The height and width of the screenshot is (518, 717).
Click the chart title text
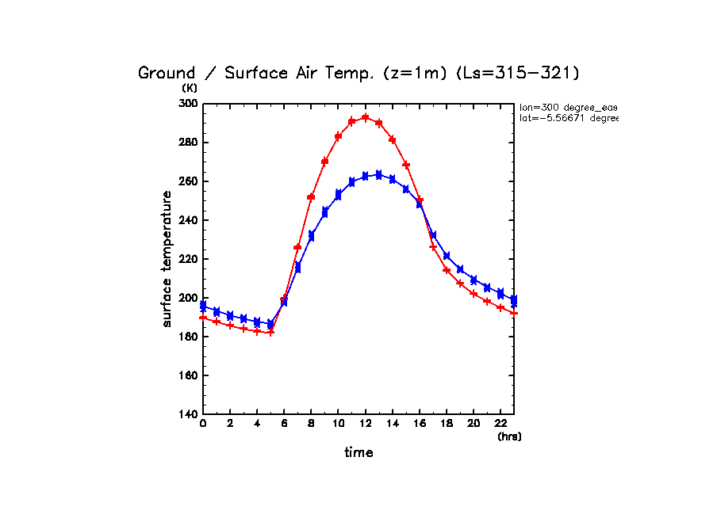pyautogui.click(x=359, y=73)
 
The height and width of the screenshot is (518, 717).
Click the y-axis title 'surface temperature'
pyautogui.click(x=167, y=258)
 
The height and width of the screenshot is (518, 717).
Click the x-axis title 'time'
pyautogui.click(x=358, y=452)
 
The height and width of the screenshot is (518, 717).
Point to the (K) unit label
pyautogui.click(x=190, y=88)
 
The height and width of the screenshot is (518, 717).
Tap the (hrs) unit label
pyautogui.click(x=509, y=436)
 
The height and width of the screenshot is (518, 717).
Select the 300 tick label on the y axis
pyautogui.click(x=188, y=104)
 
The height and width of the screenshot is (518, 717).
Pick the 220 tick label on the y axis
pyautogui.click(x=188, y=259)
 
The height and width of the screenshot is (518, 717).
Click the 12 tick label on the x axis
pyautogui.click(x=366, y=425)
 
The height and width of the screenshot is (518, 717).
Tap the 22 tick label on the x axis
pyautogui.click(x=500, y=425)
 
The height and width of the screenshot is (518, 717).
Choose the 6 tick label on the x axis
pyautogui.click(x=284, y=425)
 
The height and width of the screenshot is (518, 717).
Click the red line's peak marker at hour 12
pyautogui.click(x=366, y=117)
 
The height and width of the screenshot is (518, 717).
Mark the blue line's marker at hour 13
pyautogui.click(x=379, y=174)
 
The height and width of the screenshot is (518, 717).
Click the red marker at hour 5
pyautogui.click(x=270, y=333)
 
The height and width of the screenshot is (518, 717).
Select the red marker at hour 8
pyautogui.click(x=311, y=197)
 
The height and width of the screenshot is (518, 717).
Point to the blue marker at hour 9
pyautogui.click(x=324, y=212)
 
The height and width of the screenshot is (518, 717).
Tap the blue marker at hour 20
pyautogui.click(x=474, y=280)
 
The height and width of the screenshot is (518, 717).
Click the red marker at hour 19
pyautogui.click(x=460, y=284)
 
